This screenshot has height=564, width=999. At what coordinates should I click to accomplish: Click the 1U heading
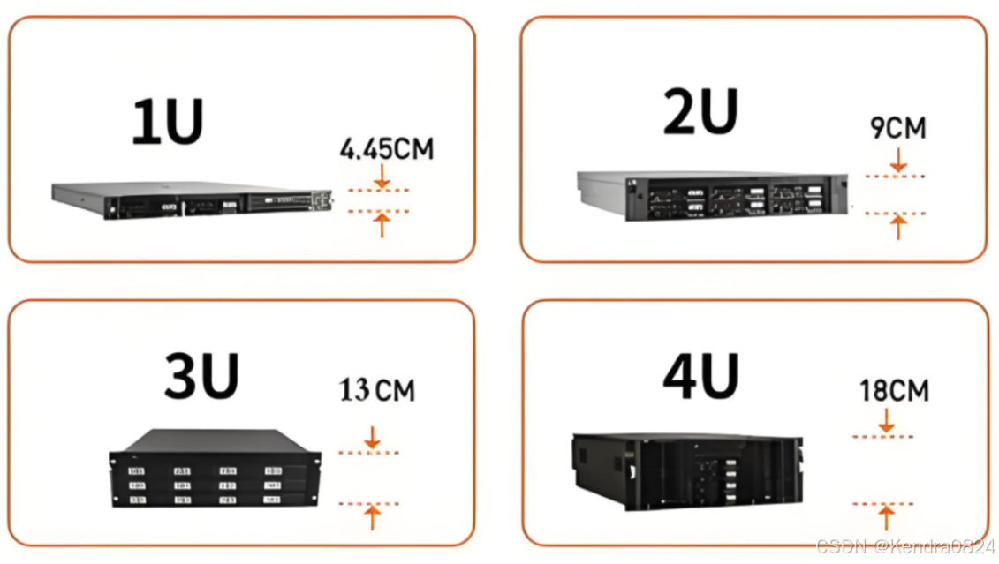[x=167, y=122]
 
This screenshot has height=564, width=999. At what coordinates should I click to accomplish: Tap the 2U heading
[x=700, y=112]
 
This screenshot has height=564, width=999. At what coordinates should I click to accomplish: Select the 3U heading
[x=201, y=377]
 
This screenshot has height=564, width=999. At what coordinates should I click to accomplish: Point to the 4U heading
[x=700, y=377]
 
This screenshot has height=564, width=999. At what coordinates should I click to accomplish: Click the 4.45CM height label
[x=387, y=148]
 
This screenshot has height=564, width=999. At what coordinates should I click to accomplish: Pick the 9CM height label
[x=898, y=128]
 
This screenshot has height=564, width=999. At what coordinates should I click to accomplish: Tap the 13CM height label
[x=377, y=389]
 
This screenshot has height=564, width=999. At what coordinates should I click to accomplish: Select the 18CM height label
[x=894, y=389]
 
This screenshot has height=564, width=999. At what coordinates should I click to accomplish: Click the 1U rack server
[x=192, y=201]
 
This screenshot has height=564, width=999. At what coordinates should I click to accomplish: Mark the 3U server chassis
[x=215, y=467]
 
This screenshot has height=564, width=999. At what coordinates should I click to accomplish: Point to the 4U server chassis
[x=687, y=471]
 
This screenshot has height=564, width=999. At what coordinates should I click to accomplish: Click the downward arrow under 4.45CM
[x=382, y=176]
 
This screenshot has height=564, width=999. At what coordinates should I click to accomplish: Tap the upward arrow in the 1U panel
[x=382, y=224]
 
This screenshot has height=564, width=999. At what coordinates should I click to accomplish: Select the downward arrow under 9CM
[x=898, y=160]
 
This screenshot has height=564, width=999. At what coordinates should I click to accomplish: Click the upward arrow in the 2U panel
[x=898, y=227]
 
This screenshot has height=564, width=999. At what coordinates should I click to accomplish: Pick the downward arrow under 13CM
[x=372, y=438]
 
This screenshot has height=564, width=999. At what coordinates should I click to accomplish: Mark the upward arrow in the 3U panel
[x=372, y=515]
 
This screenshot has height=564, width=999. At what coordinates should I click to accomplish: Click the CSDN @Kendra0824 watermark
[x=904, y=546]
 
